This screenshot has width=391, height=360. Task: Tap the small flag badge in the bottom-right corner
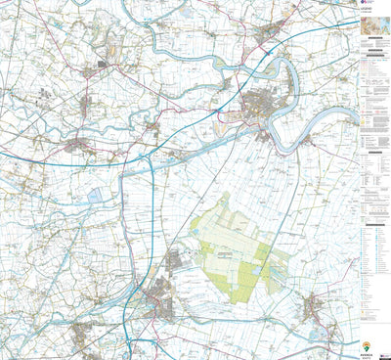[386, 354]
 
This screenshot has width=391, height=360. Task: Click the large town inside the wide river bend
[262, 103]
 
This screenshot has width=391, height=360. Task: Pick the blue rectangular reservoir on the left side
[96, 196]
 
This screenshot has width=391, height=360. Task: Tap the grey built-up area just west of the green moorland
[176, 260]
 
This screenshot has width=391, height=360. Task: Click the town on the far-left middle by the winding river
[76, 146]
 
